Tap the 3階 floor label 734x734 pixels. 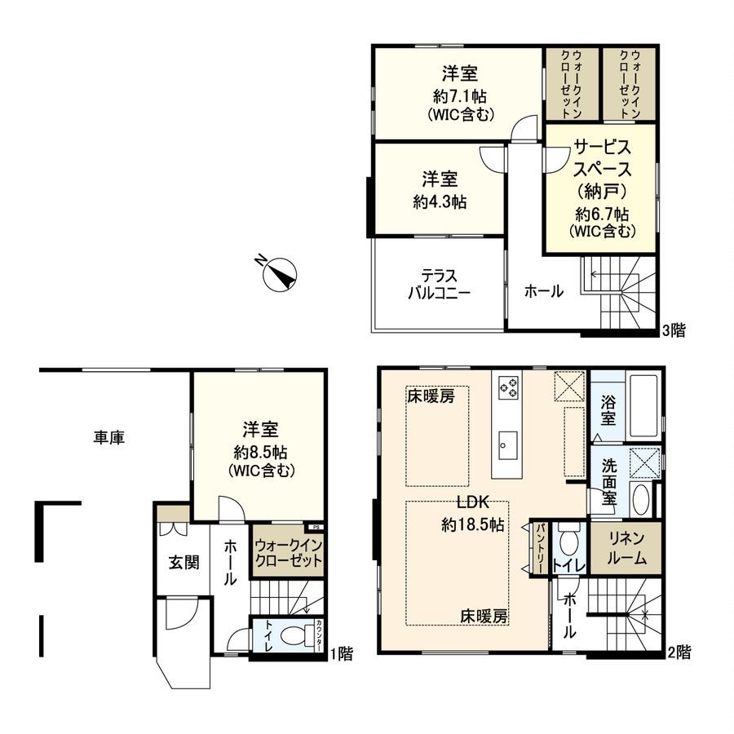point(673,330)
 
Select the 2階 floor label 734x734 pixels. point(679,652)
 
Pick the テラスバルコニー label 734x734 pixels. point(439,285)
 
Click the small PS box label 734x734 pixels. point(316,528)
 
